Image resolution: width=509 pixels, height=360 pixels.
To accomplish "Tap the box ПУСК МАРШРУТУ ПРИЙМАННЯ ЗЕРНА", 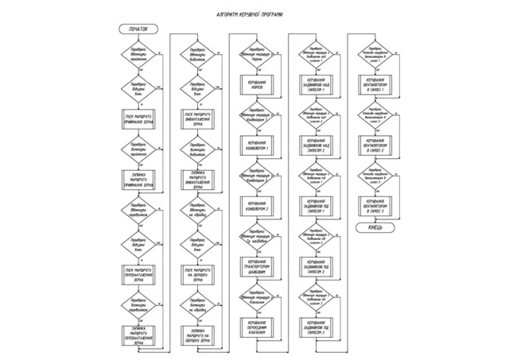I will (x=138, y=118).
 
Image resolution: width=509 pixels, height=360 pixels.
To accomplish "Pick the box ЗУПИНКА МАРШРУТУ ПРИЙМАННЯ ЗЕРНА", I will (x=138, y=180).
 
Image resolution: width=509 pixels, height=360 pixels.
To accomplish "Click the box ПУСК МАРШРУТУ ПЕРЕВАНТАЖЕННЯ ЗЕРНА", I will (x=138, y=273).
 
